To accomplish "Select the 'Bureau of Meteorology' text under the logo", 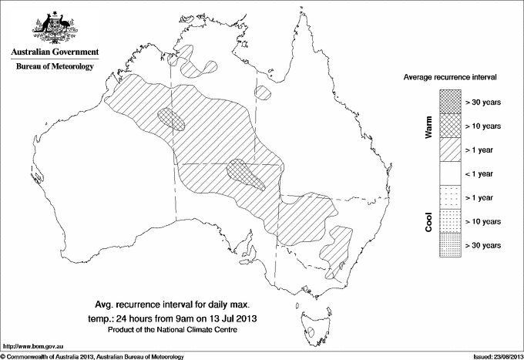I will (54, 67).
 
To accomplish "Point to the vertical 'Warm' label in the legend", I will (428, 126).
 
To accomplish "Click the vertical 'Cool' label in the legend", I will (428, 222).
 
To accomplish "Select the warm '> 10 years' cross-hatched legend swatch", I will (449, 126).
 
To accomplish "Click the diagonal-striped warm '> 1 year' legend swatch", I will (449, 150).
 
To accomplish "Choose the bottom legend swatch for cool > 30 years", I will (449, 245).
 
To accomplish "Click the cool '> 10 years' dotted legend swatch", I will (449, 221).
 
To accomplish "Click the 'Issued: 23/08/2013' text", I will (494, 355).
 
